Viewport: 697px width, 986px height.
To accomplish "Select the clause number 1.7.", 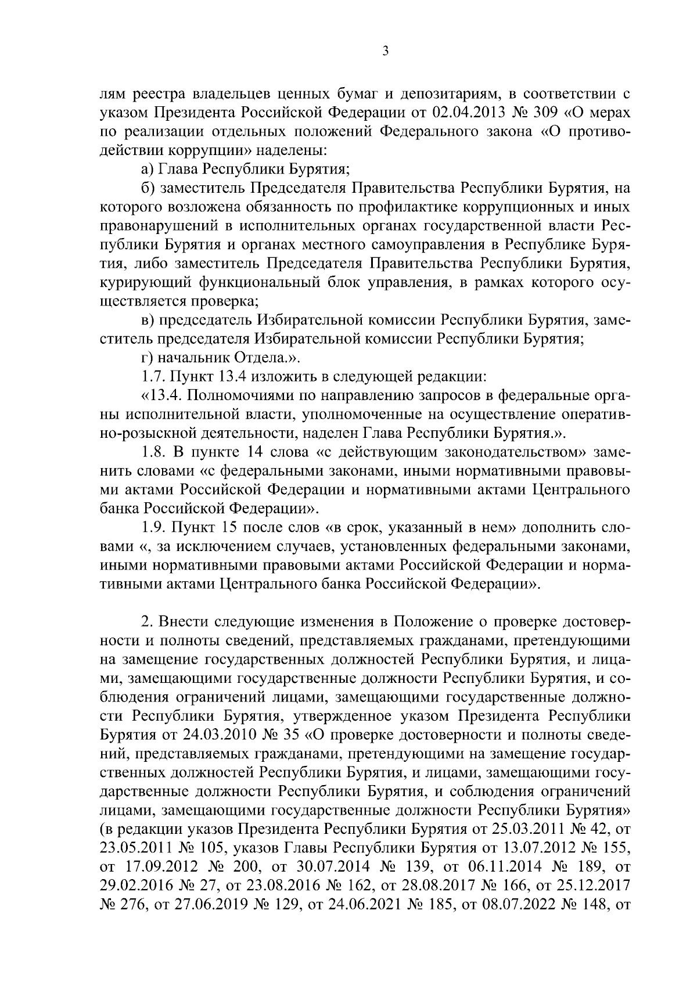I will point(154,376).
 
